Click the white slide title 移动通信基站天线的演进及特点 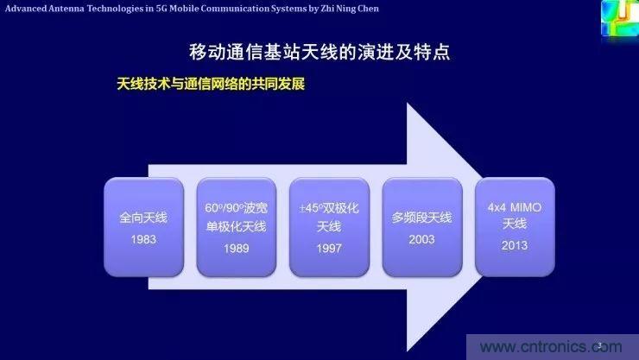coord(319,52)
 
